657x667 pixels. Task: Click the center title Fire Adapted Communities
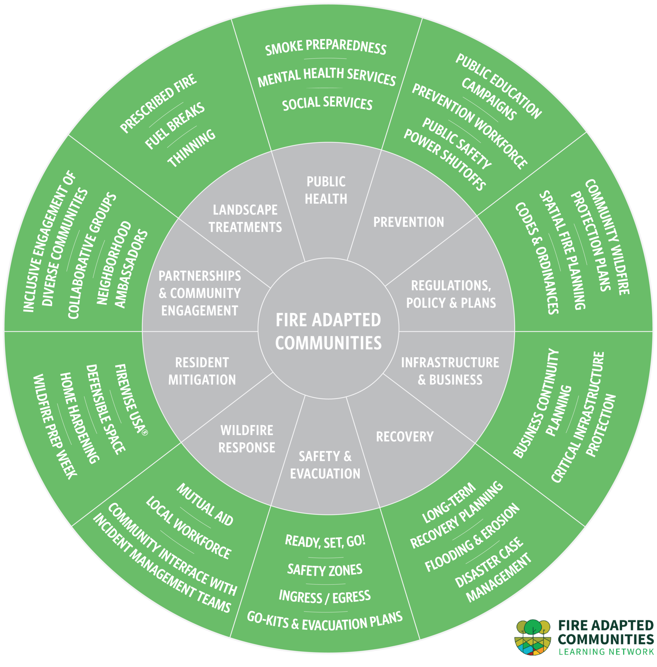tap(328, 331)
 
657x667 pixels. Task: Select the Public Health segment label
tap(326, 190)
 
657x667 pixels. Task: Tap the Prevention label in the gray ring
tap(409, 222)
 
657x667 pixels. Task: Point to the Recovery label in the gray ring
tap(404, 437)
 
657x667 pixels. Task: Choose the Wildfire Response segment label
tap(247, 439)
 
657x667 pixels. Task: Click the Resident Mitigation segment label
tap(202, 371)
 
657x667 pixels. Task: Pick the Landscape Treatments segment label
tap(245, 218)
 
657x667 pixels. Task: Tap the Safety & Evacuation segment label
tap(325, 465)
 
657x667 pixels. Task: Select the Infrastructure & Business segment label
tap(450, 371)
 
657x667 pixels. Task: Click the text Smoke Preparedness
tap(326, 47)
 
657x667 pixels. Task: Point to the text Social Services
tap(327, 103)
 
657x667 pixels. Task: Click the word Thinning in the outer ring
tap(192, 149)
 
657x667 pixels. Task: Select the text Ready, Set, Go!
tap(325, 541)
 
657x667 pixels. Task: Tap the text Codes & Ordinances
tap(537, 258)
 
